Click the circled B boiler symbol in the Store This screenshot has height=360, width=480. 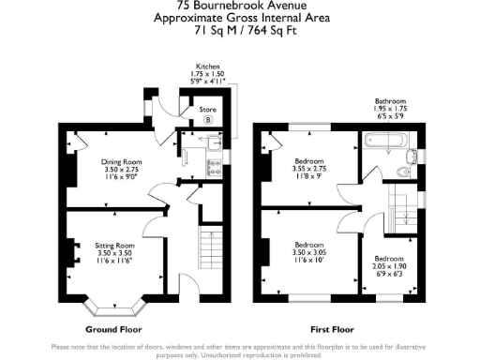click(209, 120)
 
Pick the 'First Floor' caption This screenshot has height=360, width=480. click(335, 330)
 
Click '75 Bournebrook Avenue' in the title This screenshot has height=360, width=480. click(239, 7)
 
